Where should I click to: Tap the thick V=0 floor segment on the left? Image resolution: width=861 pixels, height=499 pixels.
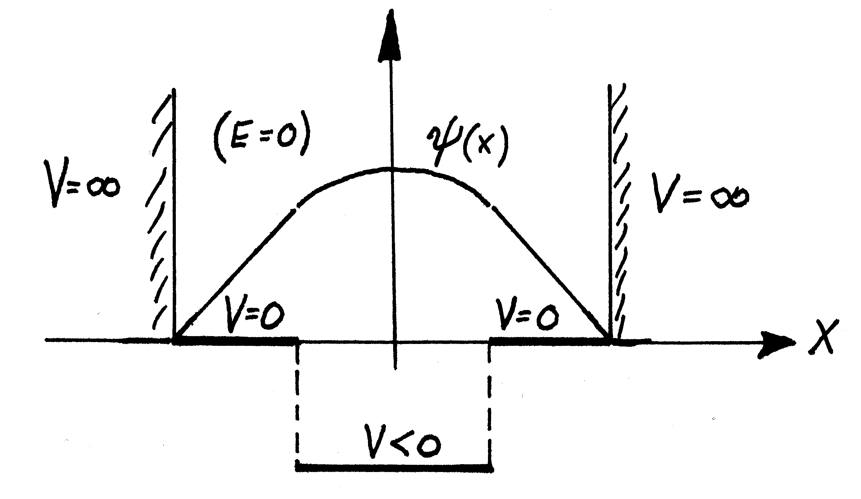click(236, 340)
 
